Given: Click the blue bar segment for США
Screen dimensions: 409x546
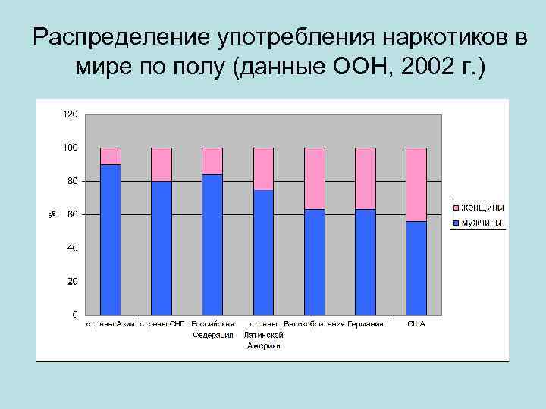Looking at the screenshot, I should pyautogui.click(x=416, y=268).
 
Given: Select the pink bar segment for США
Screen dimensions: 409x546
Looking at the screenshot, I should pyautogui.click(x=416, y=184).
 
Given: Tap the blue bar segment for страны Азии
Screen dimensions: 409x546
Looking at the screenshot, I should pyautogui.click(x=111, y=239).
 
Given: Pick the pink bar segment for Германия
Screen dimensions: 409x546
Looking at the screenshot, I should pyautogui.click(x=365, y=178).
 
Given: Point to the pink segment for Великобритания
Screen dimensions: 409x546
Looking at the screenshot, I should pyautogui.click(x=314, y=178).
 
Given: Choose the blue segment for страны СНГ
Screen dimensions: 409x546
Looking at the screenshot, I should pyautogui.click(x=162, y=248).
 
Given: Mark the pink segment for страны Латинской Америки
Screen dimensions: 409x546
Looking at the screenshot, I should pyautogui.click(x=263, y=169).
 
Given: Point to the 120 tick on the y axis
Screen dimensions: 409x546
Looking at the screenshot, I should pyautogui.click(x=70, y=114).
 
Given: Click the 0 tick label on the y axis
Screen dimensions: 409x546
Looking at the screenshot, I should pyautogui.click(x=74, y=314).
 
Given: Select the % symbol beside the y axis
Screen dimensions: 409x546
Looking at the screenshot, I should pyautogui.click(x=52, y=214).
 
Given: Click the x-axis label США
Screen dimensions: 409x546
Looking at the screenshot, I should pyautogui.click(x=416, y=324).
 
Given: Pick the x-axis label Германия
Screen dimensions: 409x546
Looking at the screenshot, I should pyautogui.click(x=365, y=324).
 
